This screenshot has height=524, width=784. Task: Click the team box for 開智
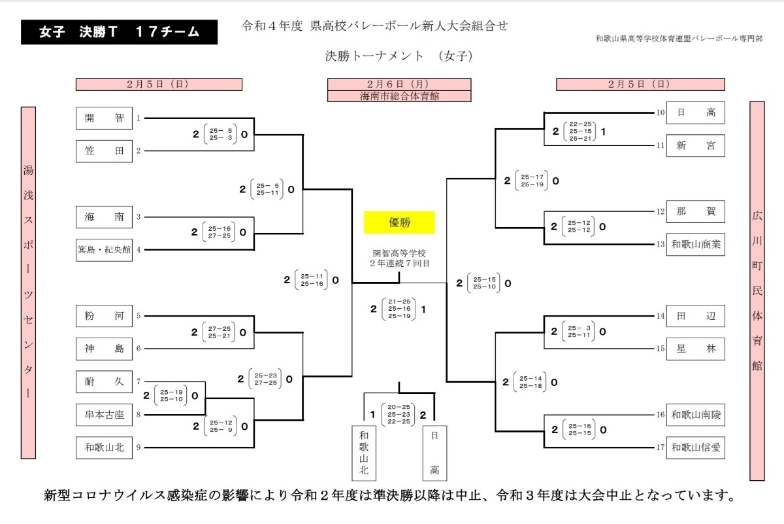click(x=104, y=118)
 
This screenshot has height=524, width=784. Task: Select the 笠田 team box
click(x=104, y=151)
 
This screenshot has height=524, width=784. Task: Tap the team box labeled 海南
click(x=104, y=217)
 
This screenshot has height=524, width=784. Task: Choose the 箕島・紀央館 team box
click(x=104, y=250)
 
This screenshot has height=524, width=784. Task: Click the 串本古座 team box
click(x=104, y=415)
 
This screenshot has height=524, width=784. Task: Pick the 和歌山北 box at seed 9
click(x=104, y=447)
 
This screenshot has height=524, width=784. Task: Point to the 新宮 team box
click(x=695, y=145)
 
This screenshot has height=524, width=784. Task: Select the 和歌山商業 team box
click(x=695, y=244)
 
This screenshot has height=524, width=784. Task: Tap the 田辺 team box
click(x=695, y=316)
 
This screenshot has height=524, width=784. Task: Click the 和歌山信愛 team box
click(x=695, y=447)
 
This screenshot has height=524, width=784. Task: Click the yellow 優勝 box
click(x=399, y=222)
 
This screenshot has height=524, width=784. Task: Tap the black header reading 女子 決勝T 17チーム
click(x=119, y=32)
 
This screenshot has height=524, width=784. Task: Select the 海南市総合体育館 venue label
click(x=399, y=96)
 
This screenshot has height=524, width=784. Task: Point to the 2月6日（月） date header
click(x=399, y=84)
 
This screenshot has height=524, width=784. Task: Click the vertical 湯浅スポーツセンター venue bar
click(x=28, y=283)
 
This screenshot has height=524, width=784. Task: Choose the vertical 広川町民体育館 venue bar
click(x=757, y=291)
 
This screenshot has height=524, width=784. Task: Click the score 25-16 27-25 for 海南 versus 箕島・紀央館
click(x=219, y=232)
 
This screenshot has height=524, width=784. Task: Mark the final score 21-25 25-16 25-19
click(x=399, y=309)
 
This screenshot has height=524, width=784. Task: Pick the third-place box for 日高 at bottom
click(x=434, y=453)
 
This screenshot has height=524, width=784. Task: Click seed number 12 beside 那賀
click(x=660, y=211)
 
